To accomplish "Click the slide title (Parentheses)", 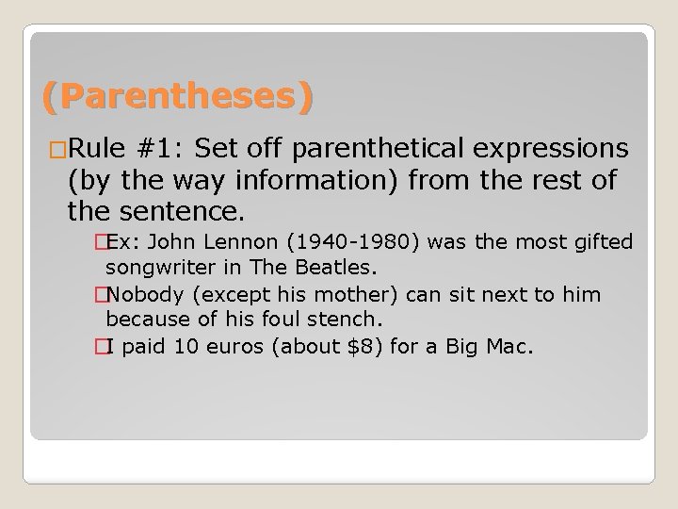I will tap(176, 97).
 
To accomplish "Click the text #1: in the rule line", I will tap(162, 149).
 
